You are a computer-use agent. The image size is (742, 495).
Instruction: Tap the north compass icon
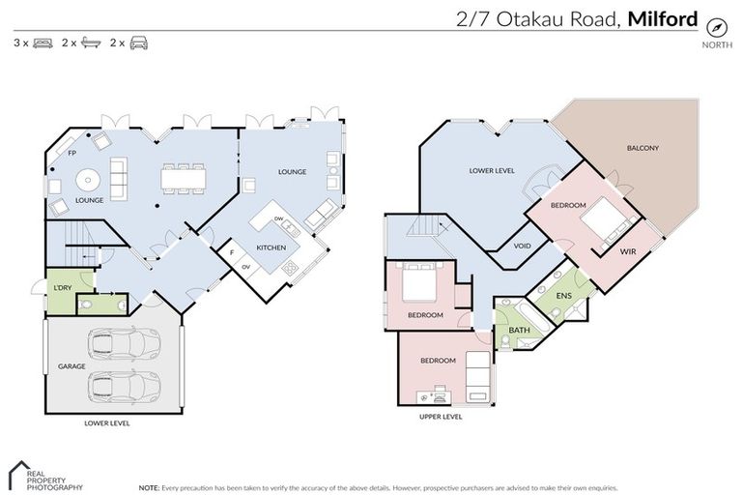716,27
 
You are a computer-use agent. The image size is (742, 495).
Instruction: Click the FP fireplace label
71,153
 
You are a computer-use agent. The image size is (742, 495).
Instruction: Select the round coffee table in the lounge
88,181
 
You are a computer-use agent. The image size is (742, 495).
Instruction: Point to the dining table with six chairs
184,178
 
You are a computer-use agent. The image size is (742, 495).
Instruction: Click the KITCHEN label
271,247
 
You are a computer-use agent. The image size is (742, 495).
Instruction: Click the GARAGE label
71,366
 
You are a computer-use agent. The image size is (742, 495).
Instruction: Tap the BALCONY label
642,148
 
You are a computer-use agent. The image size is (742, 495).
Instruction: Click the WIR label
627,250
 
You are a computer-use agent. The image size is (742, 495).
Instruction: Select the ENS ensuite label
563,294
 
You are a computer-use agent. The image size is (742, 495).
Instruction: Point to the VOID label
523,246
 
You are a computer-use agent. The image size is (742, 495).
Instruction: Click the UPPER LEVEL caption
441,417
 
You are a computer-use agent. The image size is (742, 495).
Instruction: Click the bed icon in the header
43,44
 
